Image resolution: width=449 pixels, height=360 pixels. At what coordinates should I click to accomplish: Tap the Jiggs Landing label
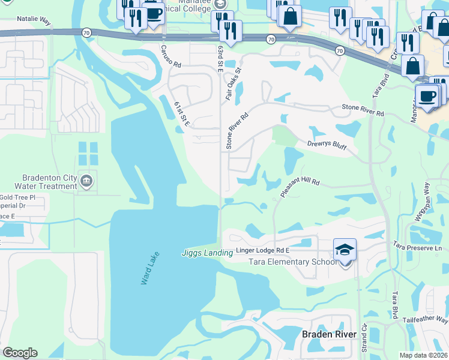206,253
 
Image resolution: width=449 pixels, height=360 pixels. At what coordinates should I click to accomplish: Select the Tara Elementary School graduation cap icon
345,249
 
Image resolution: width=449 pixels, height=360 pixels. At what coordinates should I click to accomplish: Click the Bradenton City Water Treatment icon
86,181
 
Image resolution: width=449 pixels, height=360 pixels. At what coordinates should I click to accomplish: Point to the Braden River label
324,334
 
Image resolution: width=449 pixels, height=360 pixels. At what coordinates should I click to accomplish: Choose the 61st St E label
182,114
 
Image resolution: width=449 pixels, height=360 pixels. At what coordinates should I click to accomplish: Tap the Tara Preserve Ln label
417,247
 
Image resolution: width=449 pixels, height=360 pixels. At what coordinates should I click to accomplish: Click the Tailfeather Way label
425,321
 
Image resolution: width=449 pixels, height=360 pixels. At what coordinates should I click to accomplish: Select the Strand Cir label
364,341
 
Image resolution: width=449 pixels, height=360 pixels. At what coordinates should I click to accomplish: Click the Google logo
20,353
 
